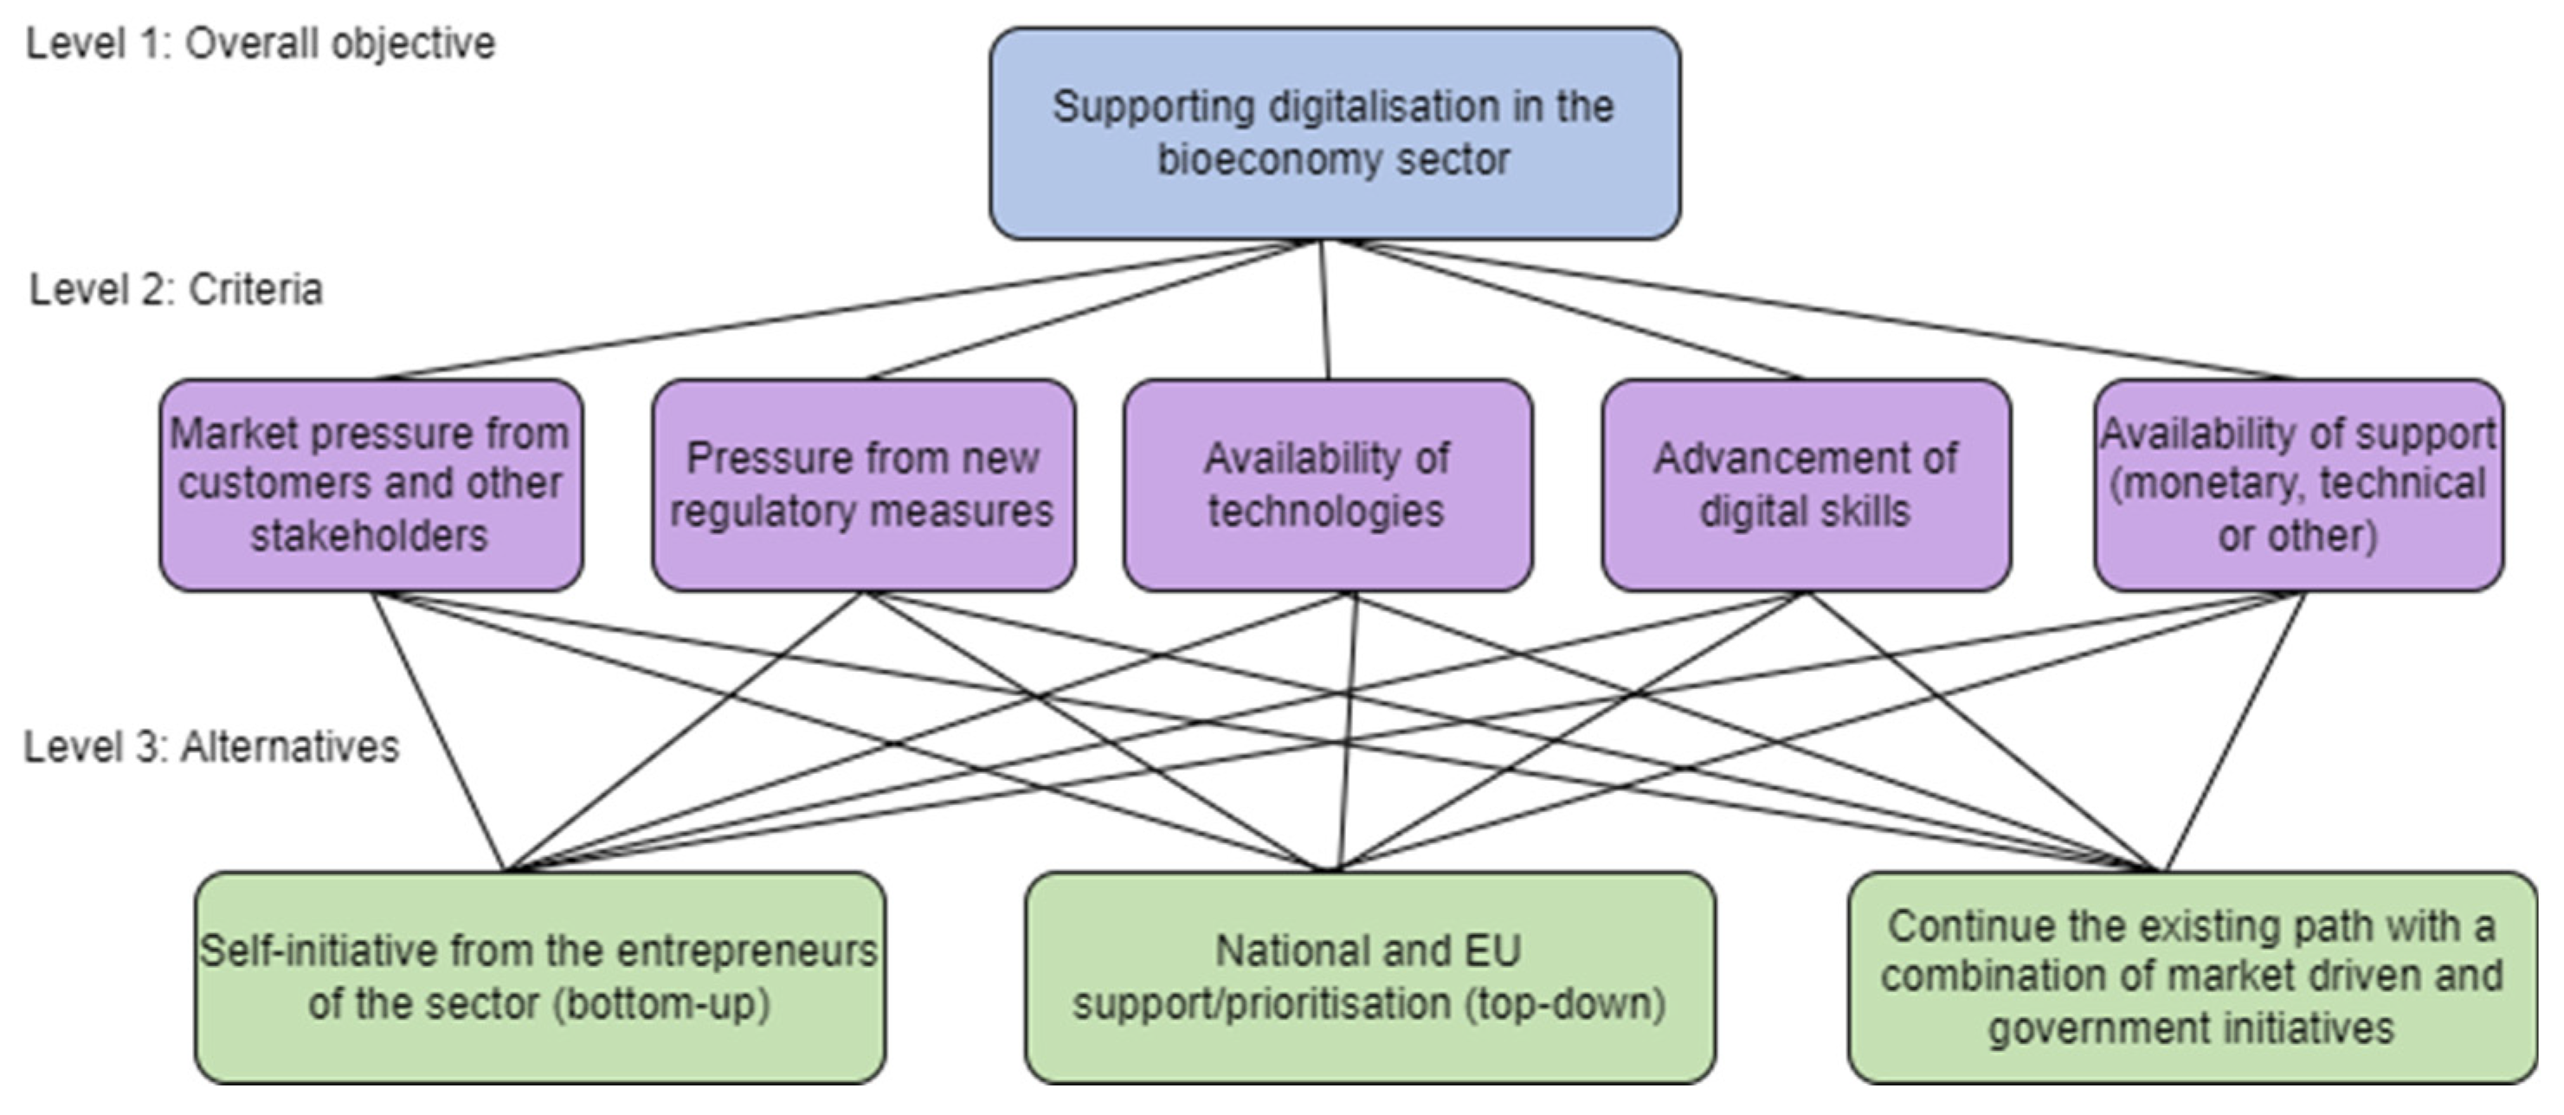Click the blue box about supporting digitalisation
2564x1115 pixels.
pyautogui.click(x=1334, y=133)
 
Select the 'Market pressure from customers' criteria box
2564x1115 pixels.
pyautogui.click(x=371, y=485)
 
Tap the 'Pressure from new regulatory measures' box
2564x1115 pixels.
pyautogui.click(x=863, y=485)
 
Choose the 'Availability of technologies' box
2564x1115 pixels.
pyautogui.click(x=1327, y=485)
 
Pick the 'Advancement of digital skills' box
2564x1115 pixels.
pyautogui.click(x=1806, y=485)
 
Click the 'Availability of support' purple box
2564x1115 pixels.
pyautogui.click(x=2297, y=485)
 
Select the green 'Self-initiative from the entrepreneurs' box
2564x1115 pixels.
pyautogui.click(x=539, y=977)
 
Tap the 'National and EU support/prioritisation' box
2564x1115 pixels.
pyautogui.click(x=1369, y=977)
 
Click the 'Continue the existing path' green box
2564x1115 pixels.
pyautogui.click(x=2192, y=977)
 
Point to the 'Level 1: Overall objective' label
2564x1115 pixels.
pyautogui.click(x=261, y=44)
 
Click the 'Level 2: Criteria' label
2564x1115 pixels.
pyautogui.click(x=177, y=290)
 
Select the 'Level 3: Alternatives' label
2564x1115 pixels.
pyautogui.click(x=211, y=746)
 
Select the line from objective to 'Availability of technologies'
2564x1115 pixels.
pyautogui.click(x=1324, y=308)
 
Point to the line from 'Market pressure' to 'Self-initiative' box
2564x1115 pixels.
pyautogui.click(x=438, y=732)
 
